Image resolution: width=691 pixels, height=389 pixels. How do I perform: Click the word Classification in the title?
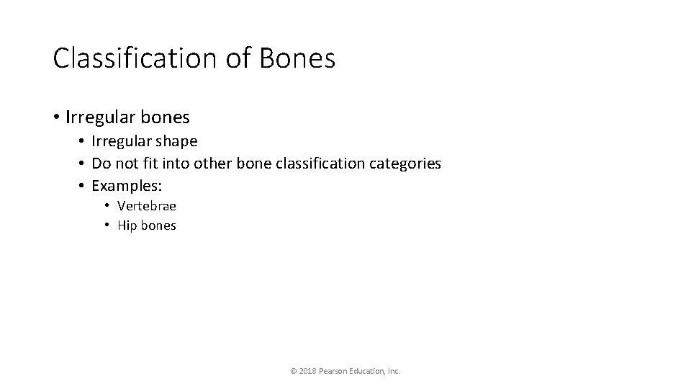(135, 58)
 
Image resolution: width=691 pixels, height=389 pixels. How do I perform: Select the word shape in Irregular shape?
(173, 142)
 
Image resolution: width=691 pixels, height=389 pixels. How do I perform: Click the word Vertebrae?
(146, 206)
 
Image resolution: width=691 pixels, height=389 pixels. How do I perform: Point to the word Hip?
(126, 225)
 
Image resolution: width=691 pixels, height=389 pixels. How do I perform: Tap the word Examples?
(127, 185)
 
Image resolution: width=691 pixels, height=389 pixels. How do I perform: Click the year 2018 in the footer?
(308, 371)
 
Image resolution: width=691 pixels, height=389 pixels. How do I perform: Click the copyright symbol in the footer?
(293, 371)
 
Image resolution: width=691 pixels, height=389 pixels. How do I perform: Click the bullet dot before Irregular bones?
(56, 117)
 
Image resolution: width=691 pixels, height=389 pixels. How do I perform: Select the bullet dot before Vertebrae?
(106, 206)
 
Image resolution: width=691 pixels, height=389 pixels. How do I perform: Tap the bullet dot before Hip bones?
(106, 225)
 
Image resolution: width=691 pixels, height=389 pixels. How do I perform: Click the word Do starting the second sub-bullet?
(101, 164)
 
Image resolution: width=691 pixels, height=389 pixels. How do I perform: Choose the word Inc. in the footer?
(393, 371)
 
